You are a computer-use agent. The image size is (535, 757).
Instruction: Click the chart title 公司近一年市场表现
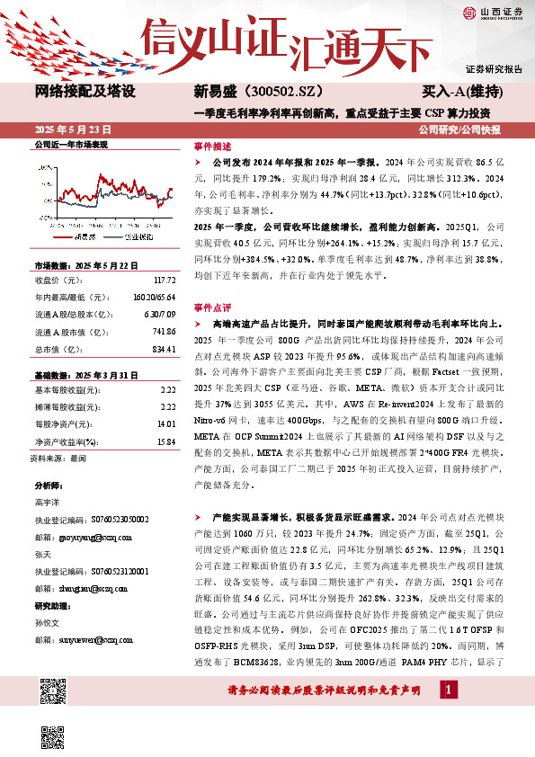[71, 144]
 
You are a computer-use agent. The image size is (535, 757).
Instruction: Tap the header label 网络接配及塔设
[85, 92]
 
